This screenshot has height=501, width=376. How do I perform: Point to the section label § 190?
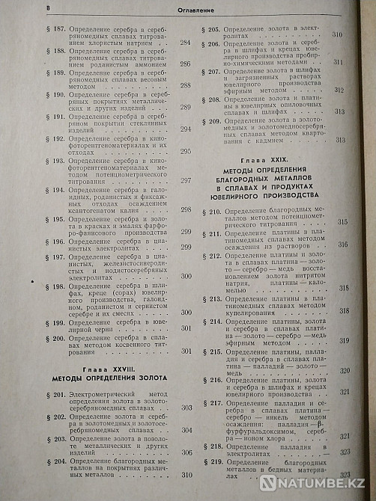click(x=55, y=96)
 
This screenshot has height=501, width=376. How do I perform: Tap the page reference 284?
click(x=187, y=42)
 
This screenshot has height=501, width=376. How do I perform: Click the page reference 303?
click(x=187, y=408)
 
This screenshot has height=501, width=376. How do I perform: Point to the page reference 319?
click(x=343, y=340)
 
